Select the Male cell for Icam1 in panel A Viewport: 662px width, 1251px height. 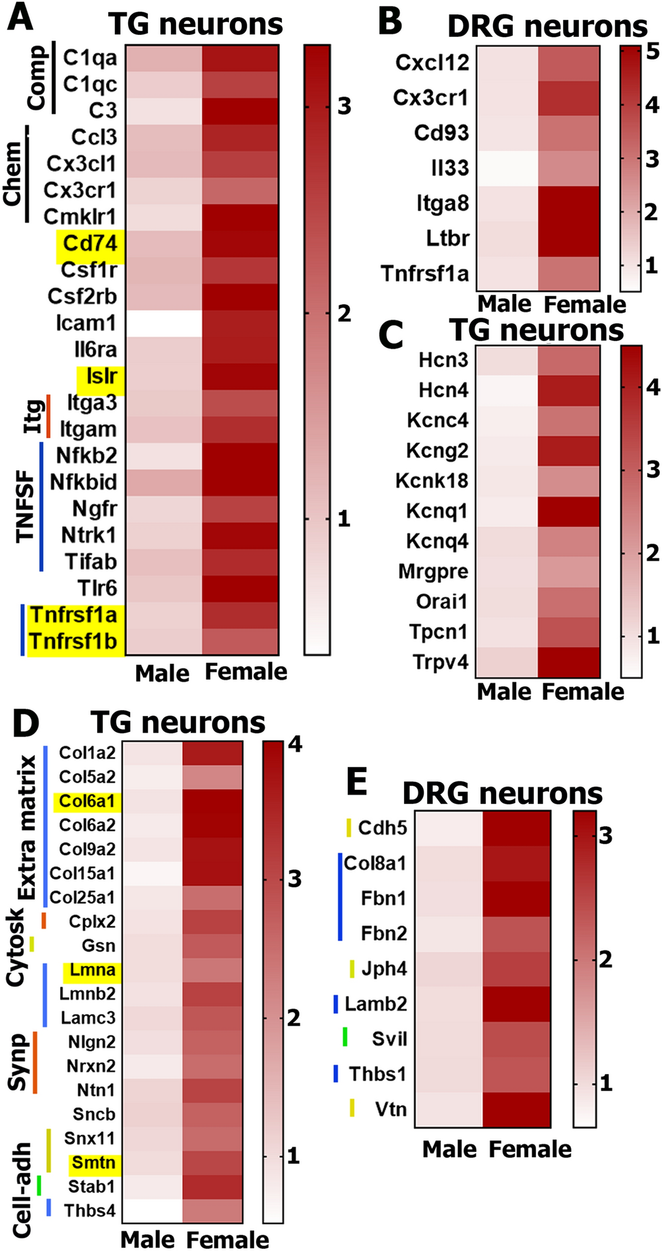[164, 323]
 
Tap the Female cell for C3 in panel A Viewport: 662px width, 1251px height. [240, 111]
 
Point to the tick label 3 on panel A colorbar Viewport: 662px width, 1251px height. [344, 106]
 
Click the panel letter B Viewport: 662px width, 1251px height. [391, 22]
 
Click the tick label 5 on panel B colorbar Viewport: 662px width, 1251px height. [652, 51]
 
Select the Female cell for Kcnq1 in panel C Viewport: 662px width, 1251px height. [568, 511]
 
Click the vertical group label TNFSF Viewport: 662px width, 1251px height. [24, 507]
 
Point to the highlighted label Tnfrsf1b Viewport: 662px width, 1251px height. [73, 641]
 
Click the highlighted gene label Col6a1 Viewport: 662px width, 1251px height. [86, 801]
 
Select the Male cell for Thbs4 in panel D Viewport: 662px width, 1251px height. [152, 1211]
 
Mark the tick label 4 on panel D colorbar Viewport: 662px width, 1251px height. [294, 745]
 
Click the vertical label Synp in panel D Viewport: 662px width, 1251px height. [18, 1062]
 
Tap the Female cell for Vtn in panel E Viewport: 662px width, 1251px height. [516, 1109]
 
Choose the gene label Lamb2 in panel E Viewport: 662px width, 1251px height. [375, 1004]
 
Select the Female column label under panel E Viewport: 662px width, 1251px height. [530, 1149]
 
